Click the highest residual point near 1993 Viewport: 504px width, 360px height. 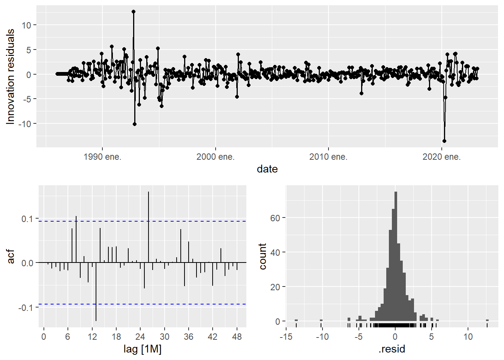coord(133,12)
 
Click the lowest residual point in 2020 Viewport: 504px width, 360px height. coord(444,141)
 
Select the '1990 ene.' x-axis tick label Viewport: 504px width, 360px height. coord(102,157)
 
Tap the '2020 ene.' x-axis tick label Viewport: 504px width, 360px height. coord(441,157)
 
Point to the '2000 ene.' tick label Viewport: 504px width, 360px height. coord(215,157)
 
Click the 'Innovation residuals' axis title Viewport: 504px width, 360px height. coord(10,76)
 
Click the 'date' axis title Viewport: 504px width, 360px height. coord(267,169)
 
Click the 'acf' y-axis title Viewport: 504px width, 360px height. coord(11,256)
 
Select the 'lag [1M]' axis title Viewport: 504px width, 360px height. coord(142,349)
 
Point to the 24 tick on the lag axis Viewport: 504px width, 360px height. coord(140,336)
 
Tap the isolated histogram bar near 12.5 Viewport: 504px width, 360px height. coord(487,320)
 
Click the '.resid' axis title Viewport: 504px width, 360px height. coord(392,349)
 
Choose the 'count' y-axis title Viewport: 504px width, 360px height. coord(262,256)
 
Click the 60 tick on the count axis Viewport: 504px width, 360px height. coord(275,218)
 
